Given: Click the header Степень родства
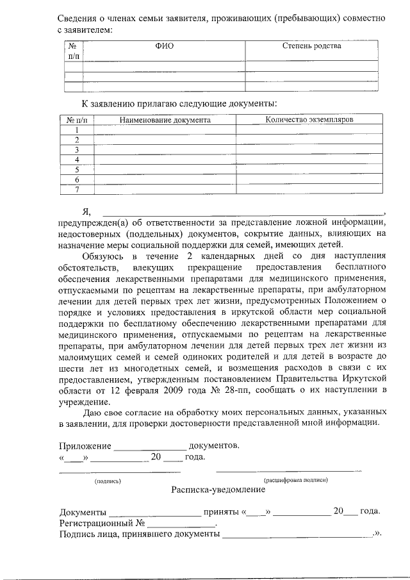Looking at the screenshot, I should pos(312,46).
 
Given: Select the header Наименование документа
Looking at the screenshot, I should pos(165,119).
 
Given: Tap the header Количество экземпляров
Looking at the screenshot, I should pos(309,119).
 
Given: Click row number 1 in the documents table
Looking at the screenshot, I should pos(77,129).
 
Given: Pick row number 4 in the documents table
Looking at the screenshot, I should pos(77,159).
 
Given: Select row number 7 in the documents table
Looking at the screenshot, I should pos(77,189).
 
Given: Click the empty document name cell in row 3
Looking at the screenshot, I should pos(165,149).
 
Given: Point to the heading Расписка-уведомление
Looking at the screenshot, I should pos(218,490).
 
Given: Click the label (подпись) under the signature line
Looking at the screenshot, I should pos(108,480).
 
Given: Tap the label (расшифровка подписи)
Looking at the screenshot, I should pos(296,480).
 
